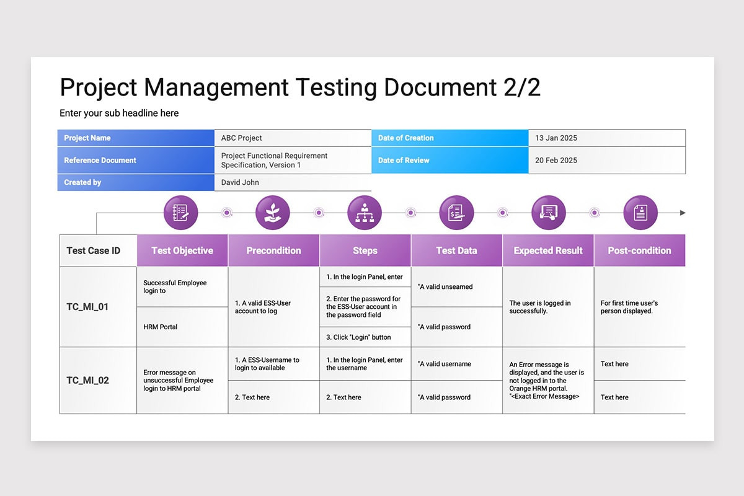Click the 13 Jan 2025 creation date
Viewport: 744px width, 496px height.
[x=556, y=138]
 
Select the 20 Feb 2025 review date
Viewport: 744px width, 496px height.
[x=556, y=160]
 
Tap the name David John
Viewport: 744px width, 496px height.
[x=240, y=182]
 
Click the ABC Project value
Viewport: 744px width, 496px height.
[x=241, y=138]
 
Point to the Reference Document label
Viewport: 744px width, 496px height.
[x=100, y=160]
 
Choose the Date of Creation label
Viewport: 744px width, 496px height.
[x=405, y=138]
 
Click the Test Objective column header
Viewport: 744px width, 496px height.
[x=182, y=250]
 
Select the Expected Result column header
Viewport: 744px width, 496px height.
[x=548, y=250]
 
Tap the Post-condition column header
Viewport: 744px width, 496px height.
[x=639, y=250]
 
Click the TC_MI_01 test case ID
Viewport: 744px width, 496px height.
[x=87, y=307]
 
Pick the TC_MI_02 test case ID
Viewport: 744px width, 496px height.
[x=87, y=380]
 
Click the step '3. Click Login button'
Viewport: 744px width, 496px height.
[x=358, y=337]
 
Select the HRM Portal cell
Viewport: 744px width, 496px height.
[x=160, y=327]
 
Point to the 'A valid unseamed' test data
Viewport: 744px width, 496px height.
[x=445, y=286]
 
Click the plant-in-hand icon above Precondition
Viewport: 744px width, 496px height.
[x=272, y=213]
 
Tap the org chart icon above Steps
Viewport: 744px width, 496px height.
[x=365, y=213]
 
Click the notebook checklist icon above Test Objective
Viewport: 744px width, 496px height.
[x=180, y=213]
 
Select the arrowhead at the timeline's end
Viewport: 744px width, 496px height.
[x=683, y=213]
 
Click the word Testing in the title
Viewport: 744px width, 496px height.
[x=337, y=87]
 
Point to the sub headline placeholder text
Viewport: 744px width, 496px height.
[x=119, y=113]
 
